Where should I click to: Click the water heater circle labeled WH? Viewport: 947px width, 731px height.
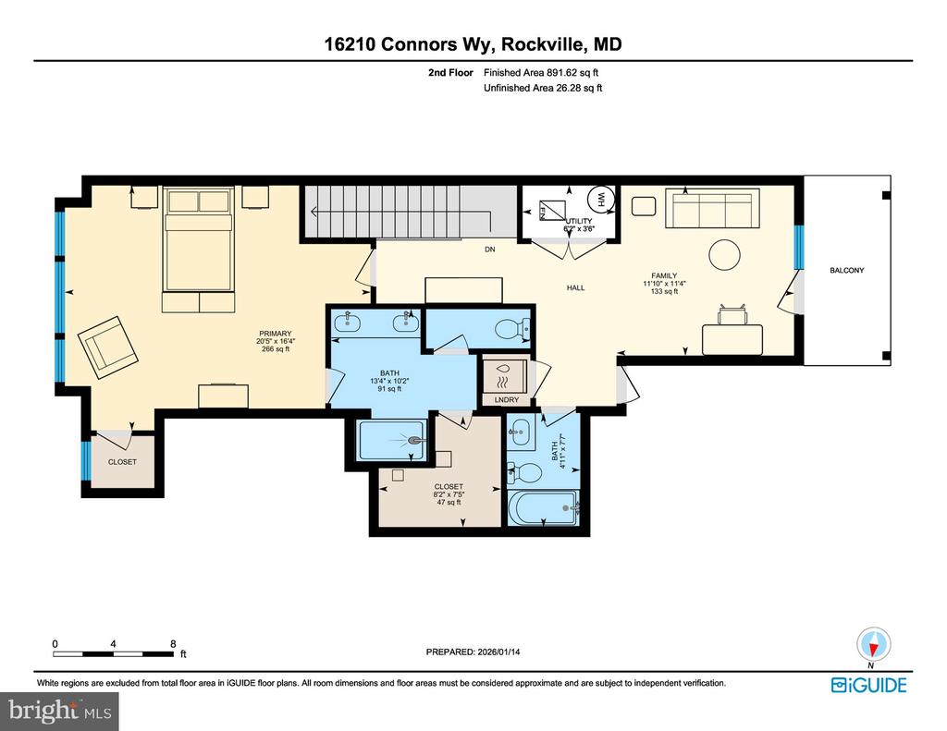(598, 199)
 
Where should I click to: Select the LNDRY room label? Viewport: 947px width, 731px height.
(507, 399)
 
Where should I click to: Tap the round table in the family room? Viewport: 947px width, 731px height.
(724, 253)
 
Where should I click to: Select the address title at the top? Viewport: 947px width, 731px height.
(473, 43)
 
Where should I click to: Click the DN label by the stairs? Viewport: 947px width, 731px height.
(491, 250)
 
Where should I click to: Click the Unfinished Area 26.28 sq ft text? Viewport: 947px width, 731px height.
(543, 89)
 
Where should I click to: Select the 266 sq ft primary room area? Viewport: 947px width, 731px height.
(276, 349)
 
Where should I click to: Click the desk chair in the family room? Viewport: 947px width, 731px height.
(732, 316)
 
